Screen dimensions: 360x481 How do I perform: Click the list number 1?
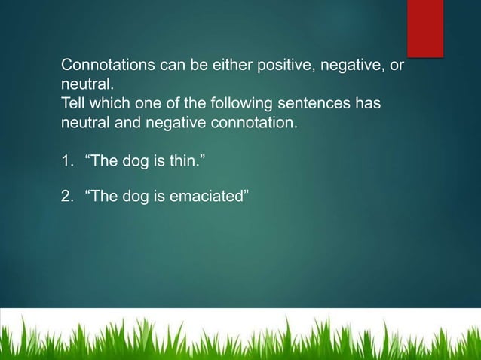pyautogui.click(x=66, y=160)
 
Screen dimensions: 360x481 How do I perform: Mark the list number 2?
pyautogui.click(x=66, y=197)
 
